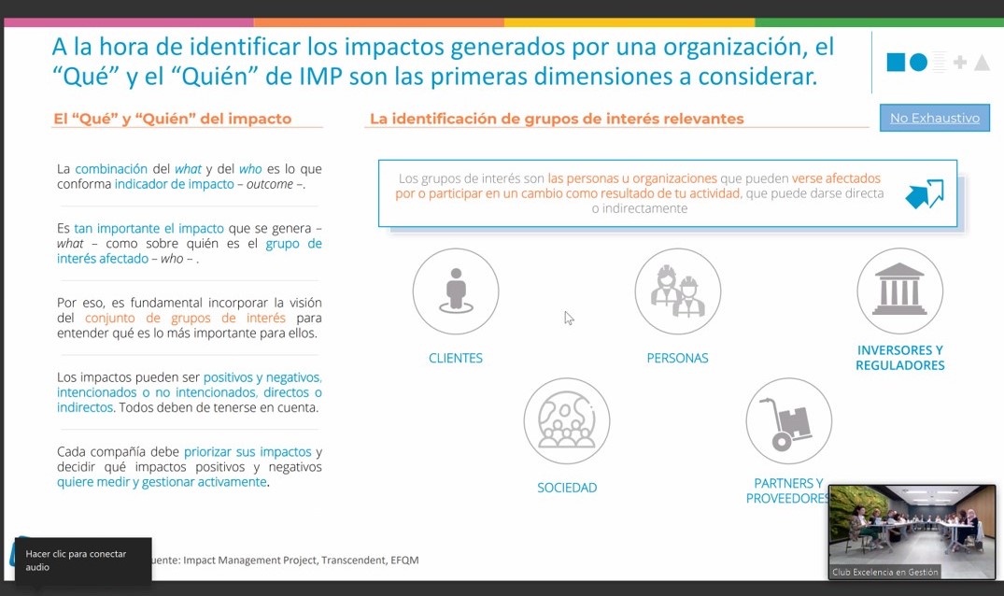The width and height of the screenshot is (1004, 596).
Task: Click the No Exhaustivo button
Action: [x=934, y=118]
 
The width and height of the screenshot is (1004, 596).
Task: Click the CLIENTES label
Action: [x=455, y=358]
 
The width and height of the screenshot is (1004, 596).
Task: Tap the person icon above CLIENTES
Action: [x=455, y=291]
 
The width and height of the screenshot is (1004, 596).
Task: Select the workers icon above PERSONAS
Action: [x=677, y=291]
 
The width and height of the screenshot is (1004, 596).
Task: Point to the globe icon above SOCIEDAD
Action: [x=567, y=420]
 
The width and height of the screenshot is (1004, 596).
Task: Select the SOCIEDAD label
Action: [x=567, y=488]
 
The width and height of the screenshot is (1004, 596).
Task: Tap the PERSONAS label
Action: [x=677, y=358]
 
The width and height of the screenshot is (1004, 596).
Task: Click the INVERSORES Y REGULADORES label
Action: [x=899, y=358]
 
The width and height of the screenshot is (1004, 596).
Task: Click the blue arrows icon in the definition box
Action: [x=925, y=193]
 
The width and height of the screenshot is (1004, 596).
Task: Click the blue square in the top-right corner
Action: [x=896, y=62]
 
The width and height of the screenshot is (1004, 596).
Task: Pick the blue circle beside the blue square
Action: [x=918, y=62]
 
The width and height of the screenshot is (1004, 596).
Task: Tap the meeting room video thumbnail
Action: [x=912, y=532]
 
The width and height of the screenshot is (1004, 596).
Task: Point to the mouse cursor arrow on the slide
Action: [x=569, y=318]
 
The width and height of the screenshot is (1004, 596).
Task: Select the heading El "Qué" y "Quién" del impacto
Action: [x=172, y=119]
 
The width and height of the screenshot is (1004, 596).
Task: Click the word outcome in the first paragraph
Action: [x=270, y=184]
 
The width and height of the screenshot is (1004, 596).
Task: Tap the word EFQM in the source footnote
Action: [x=404, y=561]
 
